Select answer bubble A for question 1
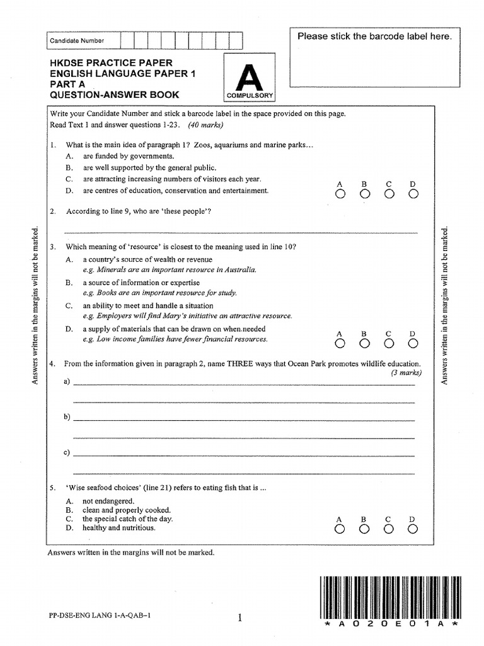(340, 194)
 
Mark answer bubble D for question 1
(413, 194)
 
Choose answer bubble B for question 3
(364, 344)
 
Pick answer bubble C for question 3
(389, 344)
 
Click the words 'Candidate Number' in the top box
(78, 41)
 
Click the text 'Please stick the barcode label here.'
(374, 37)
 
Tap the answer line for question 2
(240, 232)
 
